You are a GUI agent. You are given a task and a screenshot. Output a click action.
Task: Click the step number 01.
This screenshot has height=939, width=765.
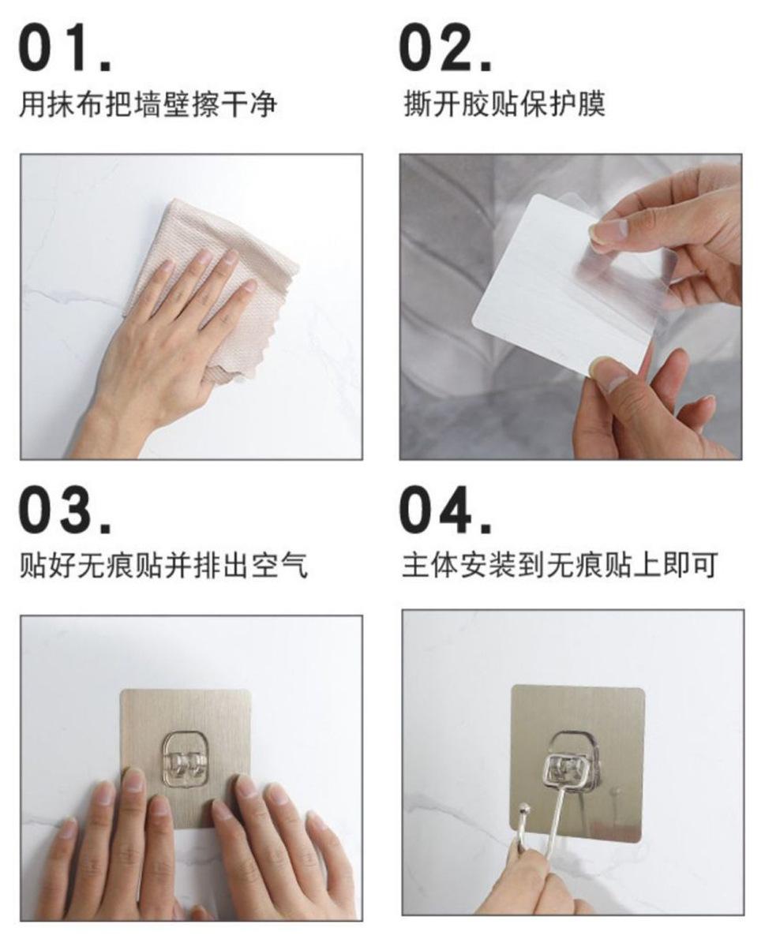click(65, 48)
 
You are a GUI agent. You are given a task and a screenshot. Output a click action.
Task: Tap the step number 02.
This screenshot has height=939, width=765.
click(445, 48)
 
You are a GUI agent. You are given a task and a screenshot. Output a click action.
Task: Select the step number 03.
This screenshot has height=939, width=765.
click(65, 510)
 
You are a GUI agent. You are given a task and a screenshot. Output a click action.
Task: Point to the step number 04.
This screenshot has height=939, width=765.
click(445, 510)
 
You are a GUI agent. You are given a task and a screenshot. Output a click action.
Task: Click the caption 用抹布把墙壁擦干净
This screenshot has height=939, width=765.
click(148, 103)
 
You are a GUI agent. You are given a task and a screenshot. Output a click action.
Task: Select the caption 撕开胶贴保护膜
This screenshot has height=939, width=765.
click(504, 103)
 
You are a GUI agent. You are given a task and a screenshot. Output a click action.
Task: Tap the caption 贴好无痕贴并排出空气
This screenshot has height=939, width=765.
click(163, 565)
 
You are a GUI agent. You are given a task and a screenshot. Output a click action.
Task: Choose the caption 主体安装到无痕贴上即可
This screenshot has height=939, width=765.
click(560, 565)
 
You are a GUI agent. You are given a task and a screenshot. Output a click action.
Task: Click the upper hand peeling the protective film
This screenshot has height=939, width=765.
click(671, 240)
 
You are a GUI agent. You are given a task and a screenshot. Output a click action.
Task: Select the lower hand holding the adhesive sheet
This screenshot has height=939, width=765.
click(647, 407)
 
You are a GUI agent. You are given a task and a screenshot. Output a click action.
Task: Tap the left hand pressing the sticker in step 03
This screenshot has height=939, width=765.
click(114, 856)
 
